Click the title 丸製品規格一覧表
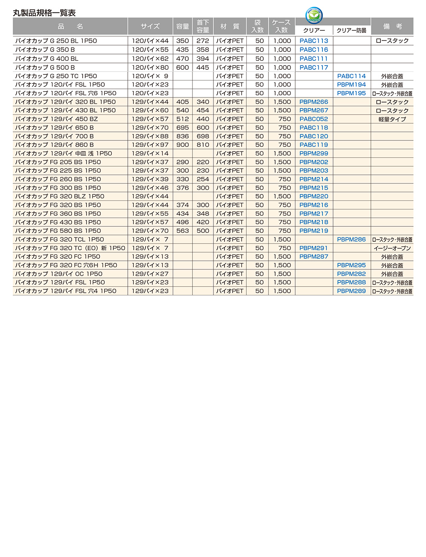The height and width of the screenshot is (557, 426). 44,13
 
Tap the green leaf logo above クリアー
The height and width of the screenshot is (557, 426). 314,16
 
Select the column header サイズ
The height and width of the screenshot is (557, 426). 150,26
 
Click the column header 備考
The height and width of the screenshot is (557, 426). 392,26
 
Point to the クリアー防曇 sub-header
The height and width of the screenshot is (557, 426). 351,31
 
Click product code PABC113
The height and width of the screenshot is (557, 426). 314,41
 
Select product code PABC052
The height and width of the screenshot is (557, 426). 314,119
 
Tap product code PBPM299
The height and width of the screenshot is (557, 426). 314,154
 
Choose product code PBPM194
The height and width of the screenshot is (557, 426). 351,85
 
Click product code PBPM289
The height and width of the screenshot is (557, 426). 351,291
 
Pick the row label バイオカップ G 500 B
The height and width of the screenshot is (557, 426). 45,67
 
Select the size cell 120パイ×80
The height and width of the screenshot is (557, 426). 150,67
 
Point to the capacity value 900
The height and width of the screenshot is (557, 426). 182,145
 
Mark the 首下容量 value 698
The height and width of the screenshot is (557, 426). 203,136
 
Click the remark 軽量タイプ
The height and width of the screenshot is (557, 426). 392,119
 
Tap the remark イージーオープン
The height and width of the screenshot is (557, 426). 392,248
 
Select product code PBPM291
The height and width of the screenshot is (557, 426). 314,248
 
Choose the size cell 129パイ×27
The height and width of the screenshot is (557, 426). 150,274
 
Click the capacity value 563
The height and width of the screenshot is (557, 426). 182,231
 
